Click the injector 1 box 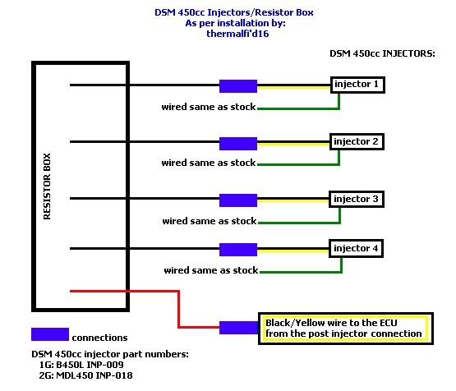pyautogui.click(x=357, y=85)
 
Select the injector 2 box pyautogui.click(x=357, y=142)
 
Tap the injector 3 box pyautogui.click(x=357, y=199)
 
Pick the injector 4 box pyautogui.click(x=357, y=249)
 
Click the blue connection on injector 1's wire pyautogui.click(x=238, y=86)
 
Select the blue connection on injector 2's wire pyautogui.click(x=238, y=144)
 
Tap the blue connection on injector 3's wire pyautogui.click(x=238, y=200)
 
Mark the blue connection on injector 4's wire pyautogui.click(x=238, y=250)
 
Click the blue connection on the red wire pyautogui.click(x=239, y=328)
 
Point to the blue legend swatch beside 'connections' pyautogui.click(x=50, y=334)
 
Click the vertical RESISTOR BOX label pyautogui.click(x=47, y=186)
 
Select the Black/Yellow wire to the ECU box pyautogui.click(x=346, y=329)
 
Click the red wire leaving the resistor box pyautogui.click(x=178, y=309)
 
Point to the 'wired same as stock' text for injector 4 pyautogui.click(x=211, y=270)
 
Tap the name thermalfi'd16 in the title pyautogui.click(x=237, y=34)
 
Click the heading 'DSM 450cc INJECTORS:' pyautogui.click(x=382, y=53)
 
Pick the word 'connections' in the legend pyautogui.click(x=99, y=338)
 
